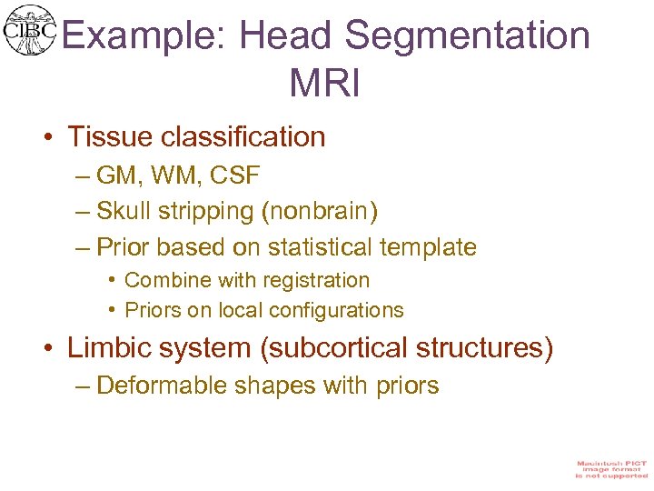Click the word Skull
tap(127, 211)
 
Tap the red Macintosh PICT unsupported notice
tap(611, 469)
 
